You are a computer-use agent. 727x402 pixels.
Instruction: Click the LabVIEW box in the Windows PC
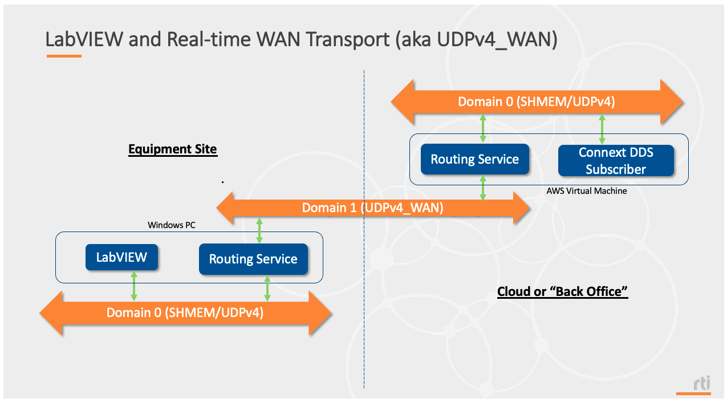pos(121,257)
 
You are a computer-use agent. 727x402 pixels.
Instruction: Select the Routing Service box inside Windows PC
pos(253,259)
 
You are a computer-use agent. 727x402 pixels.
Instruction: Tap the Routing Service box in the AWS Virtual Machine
pos(474,159)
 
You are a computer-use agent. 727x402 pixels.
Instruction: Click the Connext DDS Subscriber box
pos(615,161)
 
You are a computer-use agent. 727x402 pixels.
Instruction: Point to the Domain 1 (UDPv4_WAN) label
pos(372,208)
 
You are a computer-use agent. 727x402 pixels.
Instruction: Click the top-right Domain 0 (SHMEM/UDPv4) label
pos(536,102)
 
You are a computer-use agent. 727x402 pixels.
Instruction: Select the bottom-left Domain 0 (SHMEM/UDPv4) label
pos(185,312)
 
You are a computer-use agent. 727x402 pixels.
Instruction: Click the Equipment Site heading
pos(172,149)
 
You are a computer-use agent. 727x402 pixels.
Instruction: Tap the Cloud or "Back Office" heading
pos(562,291)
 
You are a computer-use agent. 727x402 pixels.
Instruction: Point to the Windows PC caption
pos(171,225)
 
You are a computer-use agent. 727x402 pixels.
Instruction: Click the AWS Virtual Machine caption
pos(586,191)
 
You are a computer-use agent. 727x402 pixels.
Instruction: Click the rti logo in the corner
pos(701,384)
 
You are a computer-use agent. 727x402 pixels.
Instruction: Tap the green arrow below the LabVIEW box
pos(134,286)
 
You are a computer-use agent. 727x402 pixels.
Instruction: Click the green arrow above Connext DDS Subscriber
pos(601,128)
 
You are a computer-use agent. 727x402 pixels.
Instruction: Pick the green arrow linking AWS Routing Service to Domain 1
pos(483,187)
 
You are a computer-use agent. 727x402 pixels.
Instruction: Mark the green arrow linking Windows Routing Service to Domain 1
pos(260,231)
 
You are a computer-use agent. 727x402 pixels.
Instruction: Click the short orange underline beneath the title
pos(64,56)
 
